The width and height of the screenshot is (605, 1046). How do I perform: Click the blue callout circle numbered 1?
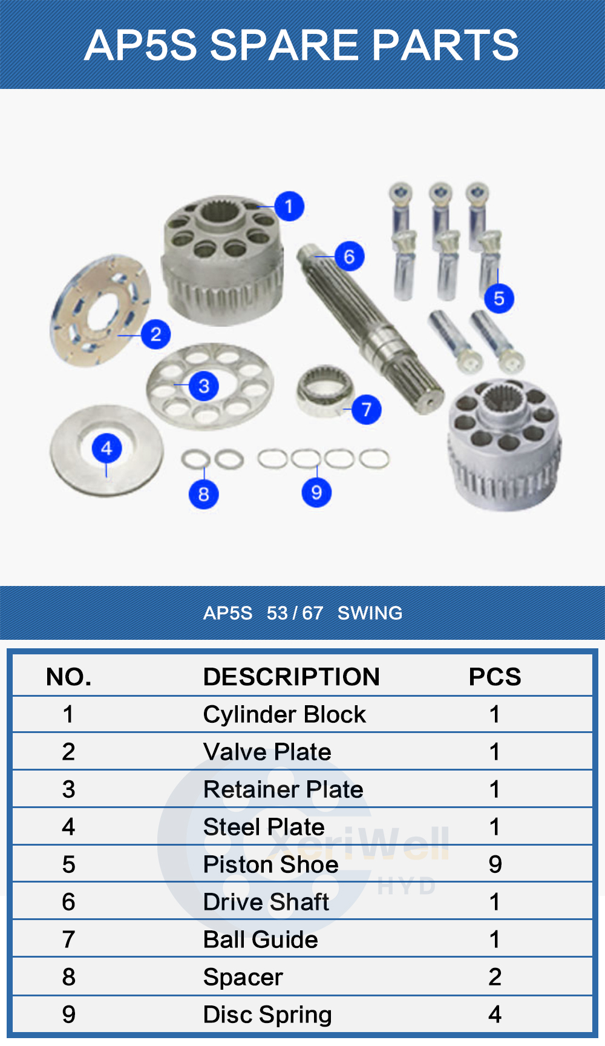[x=289, y=206]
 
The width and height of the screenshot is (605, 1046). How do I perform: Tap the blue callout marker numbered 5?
[x=499, y=298]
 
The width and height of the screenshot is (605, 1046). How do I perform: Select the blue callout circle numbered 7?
[x=366, y=410]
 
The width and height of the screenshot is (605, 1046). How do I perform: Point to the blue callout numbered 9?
[x=316, y=493]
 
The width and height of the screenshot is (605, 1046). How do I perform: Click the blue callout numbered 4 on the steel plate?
[x=107, y=449]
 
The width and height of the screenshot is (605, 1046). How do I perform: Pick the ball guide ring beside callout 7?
[x=325, y=390]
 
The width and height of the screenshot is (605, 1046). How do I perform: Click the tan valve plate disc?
[x=100, y=310]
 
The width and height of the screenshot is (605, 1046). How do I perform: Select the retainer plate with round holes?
[x=210, y=386]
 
